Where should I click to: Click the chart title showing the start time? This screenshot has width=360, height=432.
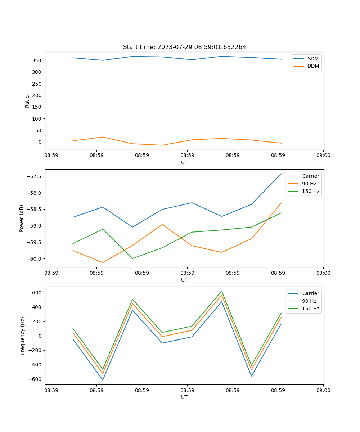(184, 47)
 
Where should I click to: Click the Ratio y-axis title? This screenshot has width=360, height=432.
(27, 101)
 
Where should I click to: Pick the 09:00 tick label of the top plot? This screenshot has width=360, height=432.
(323, 156)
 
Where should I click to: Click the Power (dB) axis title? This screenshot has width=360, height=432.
(22, 219)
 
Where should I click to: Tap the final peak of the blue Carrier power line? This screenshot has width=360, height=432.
(281, 174)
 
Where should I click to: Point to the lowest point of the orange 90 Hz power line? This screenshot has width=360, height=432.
(103, 262)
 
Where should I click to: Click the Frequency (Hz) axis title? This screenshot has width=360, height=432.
(22, 336)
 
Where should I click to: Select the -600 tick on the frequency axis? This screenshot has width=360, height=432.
(35, 379)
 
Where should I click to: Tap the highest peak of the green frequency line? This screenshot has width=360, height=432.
(222, 291)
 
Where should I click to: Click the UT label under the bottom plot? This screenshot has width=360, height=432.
(184, 397)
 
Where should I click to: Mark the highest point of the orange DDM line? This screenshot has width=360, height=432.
(103, 137)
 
